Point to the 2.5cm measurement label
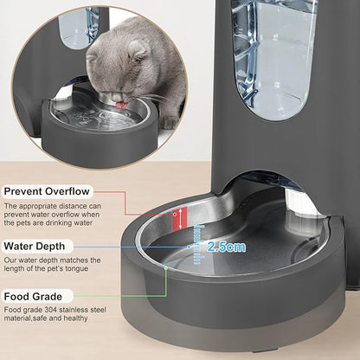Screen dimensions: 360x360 click(x=226, y=247)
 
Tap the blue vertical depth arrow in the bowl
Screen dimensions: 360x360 click(x=198, y=245)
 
